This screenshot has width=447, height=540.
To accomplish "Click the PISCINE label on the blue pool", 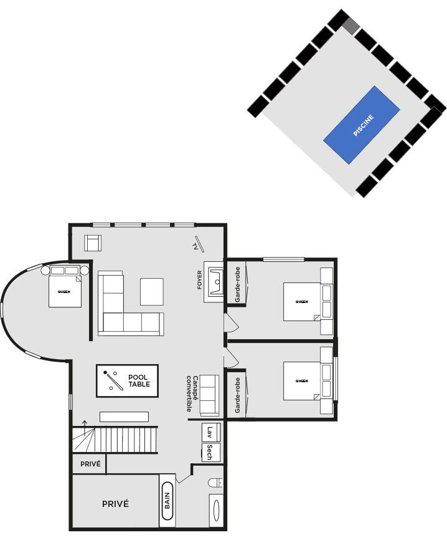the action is coord(364,125).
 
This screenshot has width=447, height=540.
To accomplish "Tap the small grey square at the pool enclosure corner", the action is coord(351,26).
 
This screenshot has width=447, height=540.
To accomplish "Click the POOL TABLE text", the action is coord(139,381).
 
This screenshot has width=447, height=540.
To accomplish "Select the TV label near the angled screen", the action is coord(195,246).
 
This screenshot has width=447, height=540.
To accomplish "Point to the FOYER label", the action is coord(200,279).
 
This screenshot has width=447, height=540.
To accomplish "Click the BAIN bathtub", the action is coord(167,500).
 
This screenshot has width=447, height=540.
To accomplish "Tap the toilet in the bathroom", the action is coord(215,483).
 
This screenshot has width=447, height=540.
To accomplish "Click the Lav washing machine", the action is coord(211,432).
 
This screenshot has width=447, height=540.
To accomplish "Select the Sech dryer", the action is coord(211,452).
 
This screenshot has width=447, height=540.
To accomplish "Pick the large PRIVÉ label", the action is coord(116,504).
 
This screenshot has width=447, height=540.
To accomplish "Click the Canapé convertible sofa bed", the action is coord(209,395).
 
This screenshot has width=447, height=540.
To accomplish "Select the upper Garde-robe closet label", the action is coord(237,284).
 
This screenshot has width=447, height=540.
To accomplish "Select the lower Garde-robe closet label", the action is coord(237,395).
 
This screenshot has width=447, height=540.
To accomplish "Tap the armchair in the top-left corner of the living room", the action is coord(93,243).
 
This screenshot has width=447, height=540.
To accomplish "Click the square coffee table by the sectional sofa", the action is coord(152,292).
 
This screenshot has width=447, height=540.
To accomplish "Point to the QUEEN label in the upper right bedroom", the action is coord(301,302).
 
